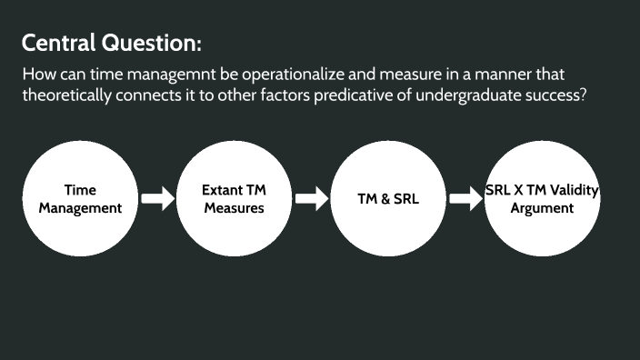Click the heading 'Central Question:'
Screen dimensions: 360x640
(111, 43)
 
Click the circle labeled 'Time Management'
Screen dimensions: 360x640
(81, 199)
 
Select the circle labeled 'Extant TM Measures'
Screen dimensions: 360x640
(234, 199)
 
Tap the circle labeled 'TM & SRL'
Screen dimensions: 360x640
(387, 199)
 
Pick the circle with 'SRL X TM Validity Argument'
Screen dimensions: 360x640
(541, 199)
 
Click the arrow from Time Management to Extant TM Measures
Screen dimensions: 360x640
(157, 199)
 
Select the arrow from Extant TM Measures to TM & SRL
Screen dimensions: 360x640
(311, 199)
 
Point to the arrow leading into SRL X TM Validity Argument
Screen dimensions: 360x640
(465, 199)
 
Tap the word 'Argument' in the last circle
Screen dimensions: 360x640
(542, 208)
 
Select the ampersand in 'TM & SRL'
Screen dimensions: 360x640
(382, 199)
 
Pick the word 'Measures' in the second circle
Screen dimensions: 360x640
(234, 208)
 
